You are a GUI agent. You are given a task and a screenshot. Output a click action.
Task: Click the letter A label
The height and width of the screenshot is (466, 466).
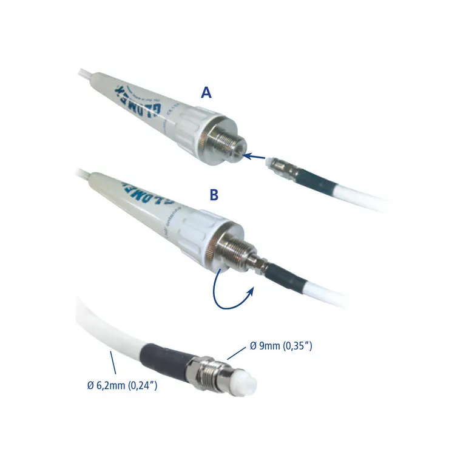(206, 93)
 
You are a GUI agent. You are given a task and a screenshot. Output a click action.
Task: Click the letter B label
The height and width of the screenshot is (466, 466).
(214, 195)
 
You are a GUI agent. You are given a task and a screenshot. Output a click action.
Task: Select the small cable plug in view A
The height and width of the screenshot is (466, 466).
(283, 164)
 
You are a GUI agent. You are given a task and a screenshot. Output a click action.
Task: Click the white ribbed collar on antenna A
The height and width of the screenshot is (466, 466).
(195, 129)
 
